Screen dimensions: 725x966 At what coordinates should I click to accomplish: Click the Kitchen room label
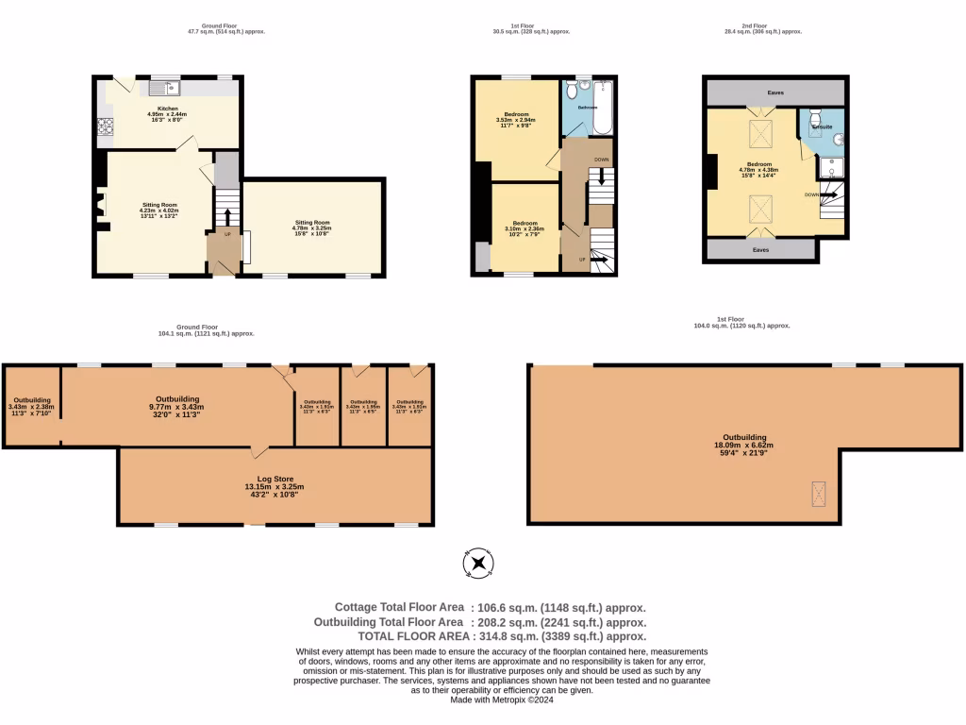167,109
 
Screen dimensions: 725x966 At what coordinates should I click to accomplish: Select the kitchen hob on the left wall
105,126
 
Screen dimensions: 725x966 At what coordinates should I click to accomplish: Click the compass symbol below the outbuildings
478,565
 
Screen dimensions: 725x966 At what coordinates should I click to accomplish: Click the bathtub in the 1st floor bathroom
602,107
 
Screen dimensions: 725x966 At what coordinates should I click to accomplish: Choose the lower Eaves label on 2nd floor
760,250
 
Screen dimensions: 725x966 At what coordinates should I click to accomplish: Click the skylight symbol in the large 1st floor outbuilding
819,492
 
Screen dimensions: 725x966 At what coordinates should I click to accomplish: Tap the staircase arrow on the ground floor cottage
226,216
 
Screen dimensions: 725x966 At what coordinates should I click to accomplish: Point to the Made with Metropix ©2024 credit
501,700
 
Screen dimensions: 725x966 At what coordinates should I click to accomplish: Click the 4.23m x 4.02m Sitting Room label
159,210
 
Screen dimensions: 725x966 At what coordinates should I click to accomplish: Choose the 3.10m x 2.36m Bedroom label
525,228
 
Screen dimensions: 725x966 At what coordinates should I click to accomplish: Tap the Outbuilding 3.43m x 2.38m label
32,407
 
